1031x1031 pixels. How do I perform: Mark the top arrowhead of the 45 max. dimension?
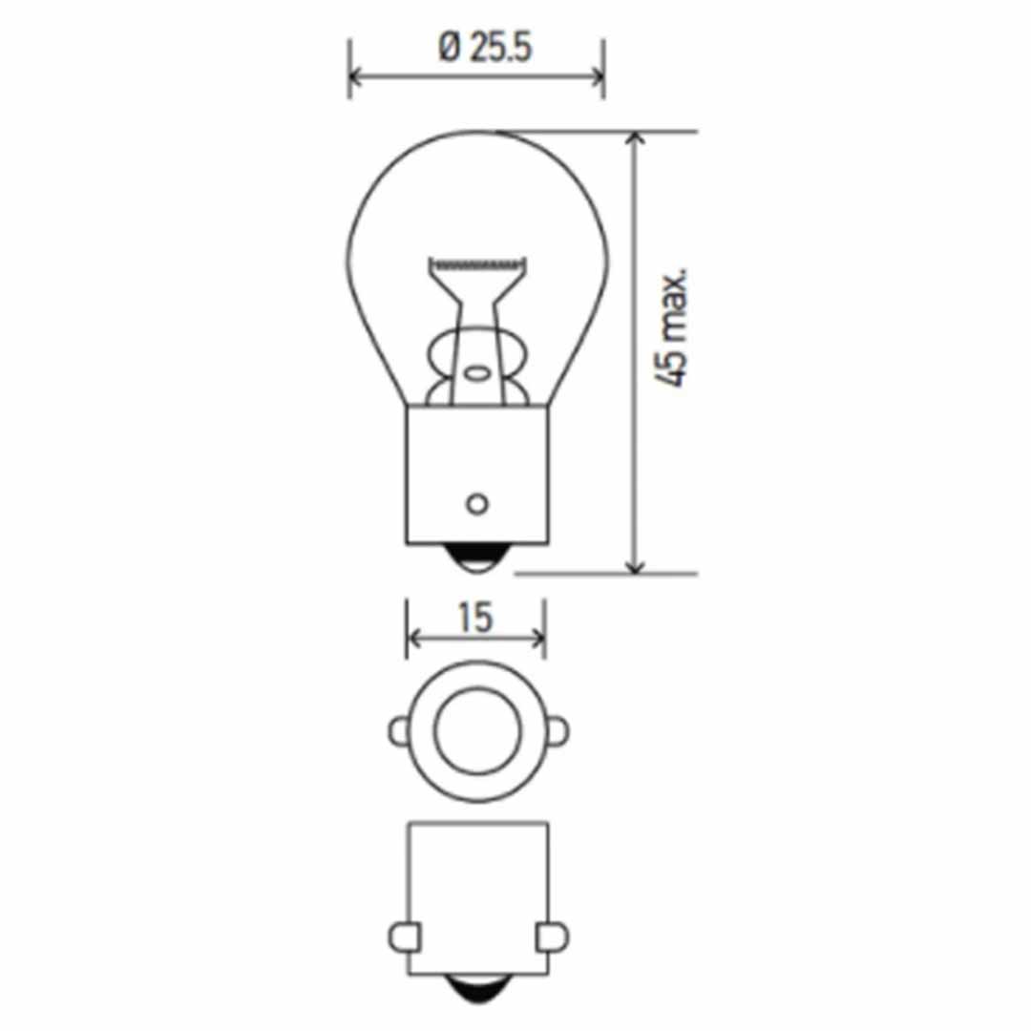coord(635,137)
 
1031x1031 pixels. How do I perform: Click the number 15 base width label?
coord(474,618)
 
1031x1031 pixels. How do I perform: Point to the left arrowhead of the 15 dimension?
coord(412,638)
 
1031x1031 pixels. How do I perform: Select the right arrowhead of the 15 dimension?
coord(538,638)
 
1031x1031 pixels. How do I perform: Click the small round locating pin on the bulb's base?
coord(476,502)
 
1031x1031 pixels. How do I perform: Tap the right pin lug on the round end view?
coord(557,732)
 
